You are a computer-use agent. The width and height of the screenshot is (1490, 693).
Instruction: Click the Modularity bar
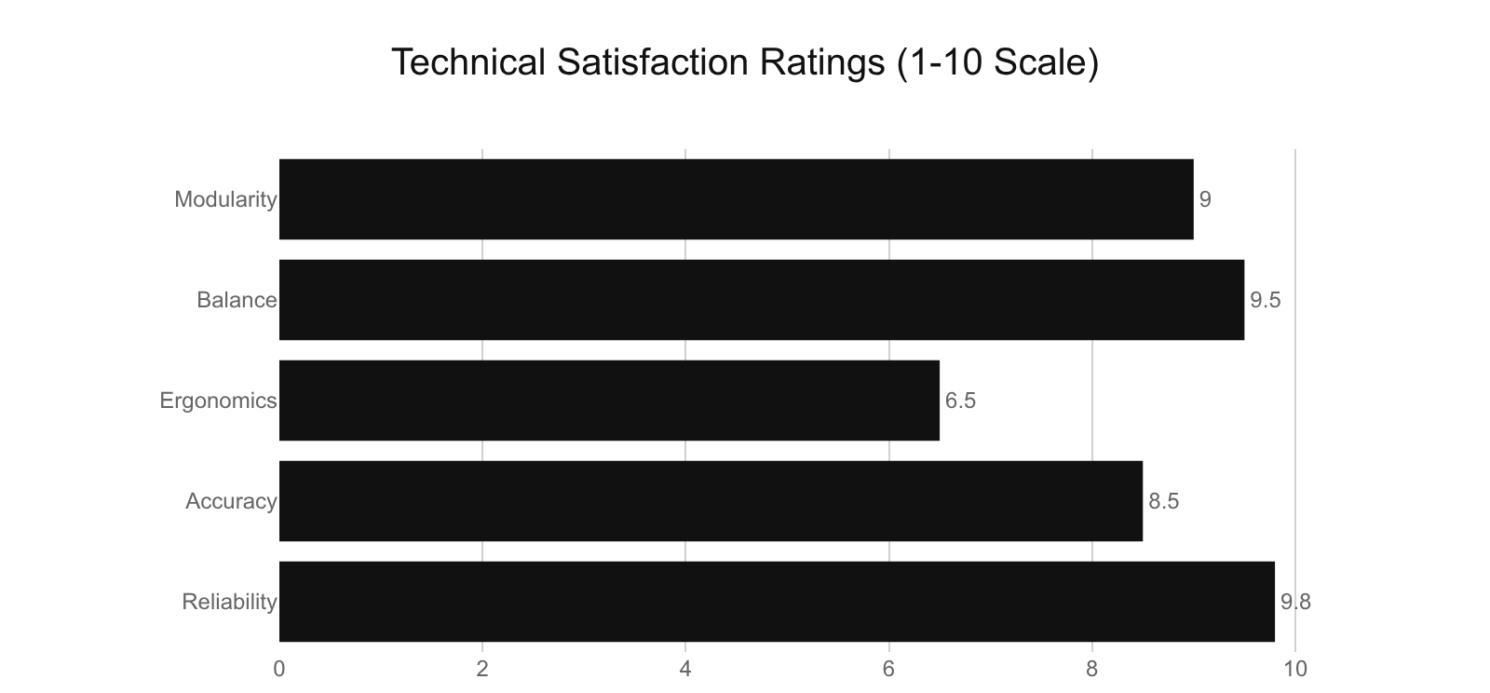coord(736,199)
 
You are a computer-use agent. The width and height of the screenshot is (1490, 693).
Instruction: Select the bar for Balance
coord(762,300)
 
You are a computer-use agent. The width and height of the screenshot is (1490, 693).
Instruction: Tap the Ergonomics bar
coord(609,401)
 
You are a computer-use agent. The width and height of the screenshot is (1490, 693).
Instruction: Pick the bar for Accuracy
coord(711,501)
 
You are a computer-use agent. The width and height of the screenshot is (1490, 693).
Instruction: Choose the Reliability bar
coord(777,602)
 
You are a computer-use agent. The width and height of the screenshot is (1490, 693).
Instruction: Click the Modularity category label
coord(225,199)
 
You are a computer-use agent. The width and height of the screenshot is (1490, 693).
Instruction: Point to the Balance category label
coord(237,300)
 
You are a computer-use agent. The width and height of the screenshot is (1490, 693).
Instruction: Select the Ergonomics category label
coord(218,401)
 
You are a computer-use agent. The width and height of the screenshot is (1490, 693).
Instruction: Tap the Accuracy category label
coord(231,501)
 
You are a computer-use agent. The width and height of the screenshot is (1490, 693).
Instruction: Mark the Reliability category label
coord(229,602)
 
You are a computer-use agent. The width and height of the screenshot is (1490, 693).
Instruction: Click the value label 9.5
coord(1266,300)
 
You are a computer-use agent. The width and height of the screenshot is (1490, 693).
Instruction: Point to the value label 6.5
coord(960,401)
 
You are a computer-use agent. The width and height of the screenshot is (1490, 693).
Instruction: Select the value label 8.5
coord(1164,501)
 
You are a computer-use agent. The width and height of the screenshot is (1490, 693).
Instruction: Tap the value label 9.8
coord(1295,602)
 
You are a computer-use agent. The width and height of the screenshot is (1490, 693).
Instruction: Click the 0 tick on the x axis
coord(279,669)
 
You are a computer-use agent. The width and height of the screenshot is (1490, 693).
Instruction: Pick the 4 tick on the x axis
coord(685,669)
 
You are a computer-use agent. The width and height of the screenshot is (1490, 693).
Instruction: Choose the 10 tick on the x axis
coord(1295,669)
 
